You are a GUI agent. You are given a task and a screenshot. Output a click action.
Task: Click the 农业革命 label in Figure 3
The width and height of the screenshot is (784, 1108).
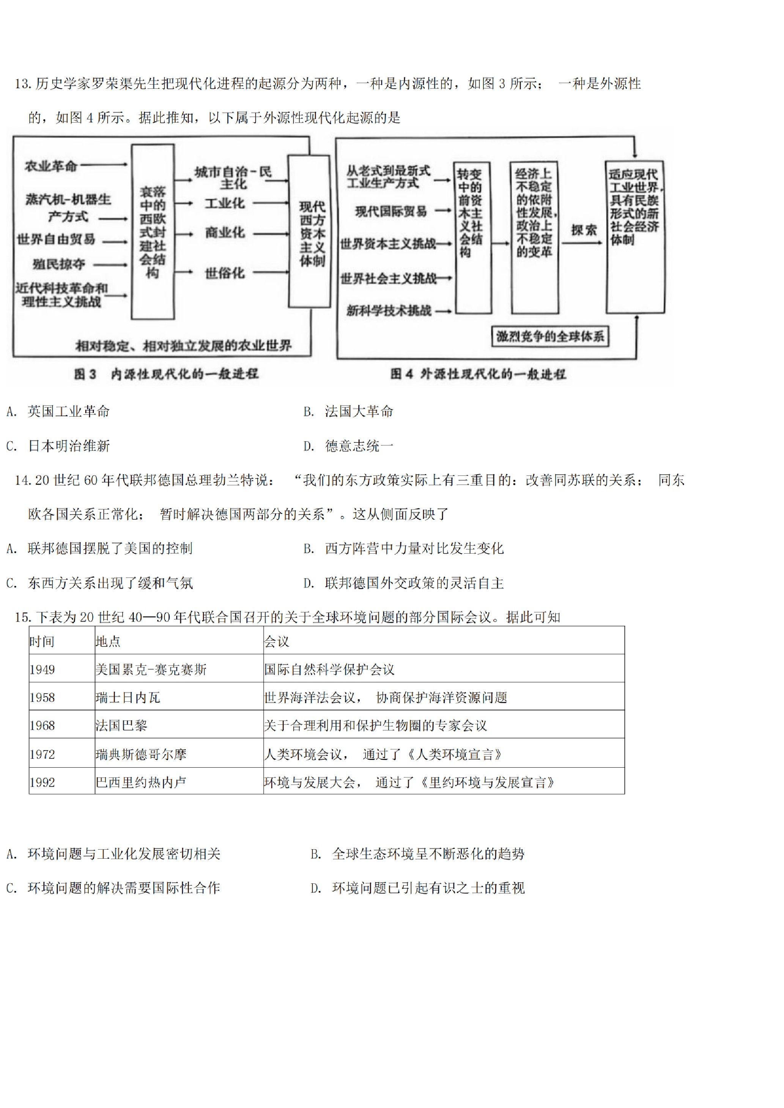[51, 166]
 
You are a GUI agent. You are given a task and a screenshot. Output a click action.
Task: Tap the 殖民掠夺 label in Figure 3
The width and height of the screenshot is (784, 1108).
[58, 264]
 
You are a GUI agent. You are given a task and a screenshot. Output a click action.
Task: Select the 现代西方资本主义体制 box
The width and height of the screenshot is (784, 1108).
[309, 231]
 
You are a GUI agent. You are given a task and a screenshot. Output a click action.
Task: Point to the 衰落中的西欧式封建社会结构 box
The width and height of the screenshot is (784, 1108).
[153, 231]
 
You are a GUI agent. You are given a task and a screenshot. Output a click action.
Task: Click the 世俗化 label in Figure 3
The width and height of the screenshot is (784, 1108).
[225, 273]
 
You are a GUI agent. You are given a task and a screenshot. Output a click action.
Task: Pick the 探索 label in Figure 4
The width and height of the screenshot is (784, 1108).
[584, 230]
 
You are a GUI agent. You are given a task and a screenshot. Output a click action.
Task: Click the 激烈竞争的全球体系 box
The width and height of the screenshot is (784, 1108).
[550, 336]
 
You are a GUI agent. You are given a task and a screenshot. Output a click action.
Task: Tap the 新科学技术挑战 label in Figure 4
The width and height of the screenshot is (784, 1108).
[389, 311]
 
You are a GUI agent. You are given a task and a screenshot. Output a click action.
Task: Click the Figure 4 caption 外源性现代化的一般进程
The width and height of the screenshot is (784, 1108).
[477, 374]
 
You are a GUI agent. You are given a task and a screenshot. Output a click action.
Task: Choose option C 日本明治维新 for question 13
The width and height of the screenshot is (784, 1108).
[58, 445]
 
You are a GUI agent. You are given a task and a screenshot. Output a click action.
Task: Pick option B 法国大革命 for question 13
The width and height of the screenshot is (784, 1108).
[349, 411]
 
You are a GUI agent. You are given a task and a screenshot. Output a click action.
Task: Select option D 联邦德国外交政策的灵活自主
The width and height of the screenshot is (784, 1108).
[404, 583]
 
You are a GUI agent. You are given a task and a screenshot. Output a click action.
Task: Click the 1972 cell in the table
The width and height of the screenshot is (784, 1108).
[42, 754]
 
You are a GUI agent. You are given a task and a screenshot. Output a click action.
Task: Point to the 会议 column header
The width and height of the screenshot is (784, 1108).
[277, 641]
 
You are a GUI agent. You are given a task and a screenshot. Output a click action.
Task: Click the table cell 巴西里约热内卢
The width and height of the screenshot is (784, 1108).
[141, 782]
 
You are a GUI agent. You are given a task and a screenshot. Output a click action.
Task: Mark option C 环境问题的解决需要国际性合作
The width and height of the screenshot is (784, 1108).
[113, 888]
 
